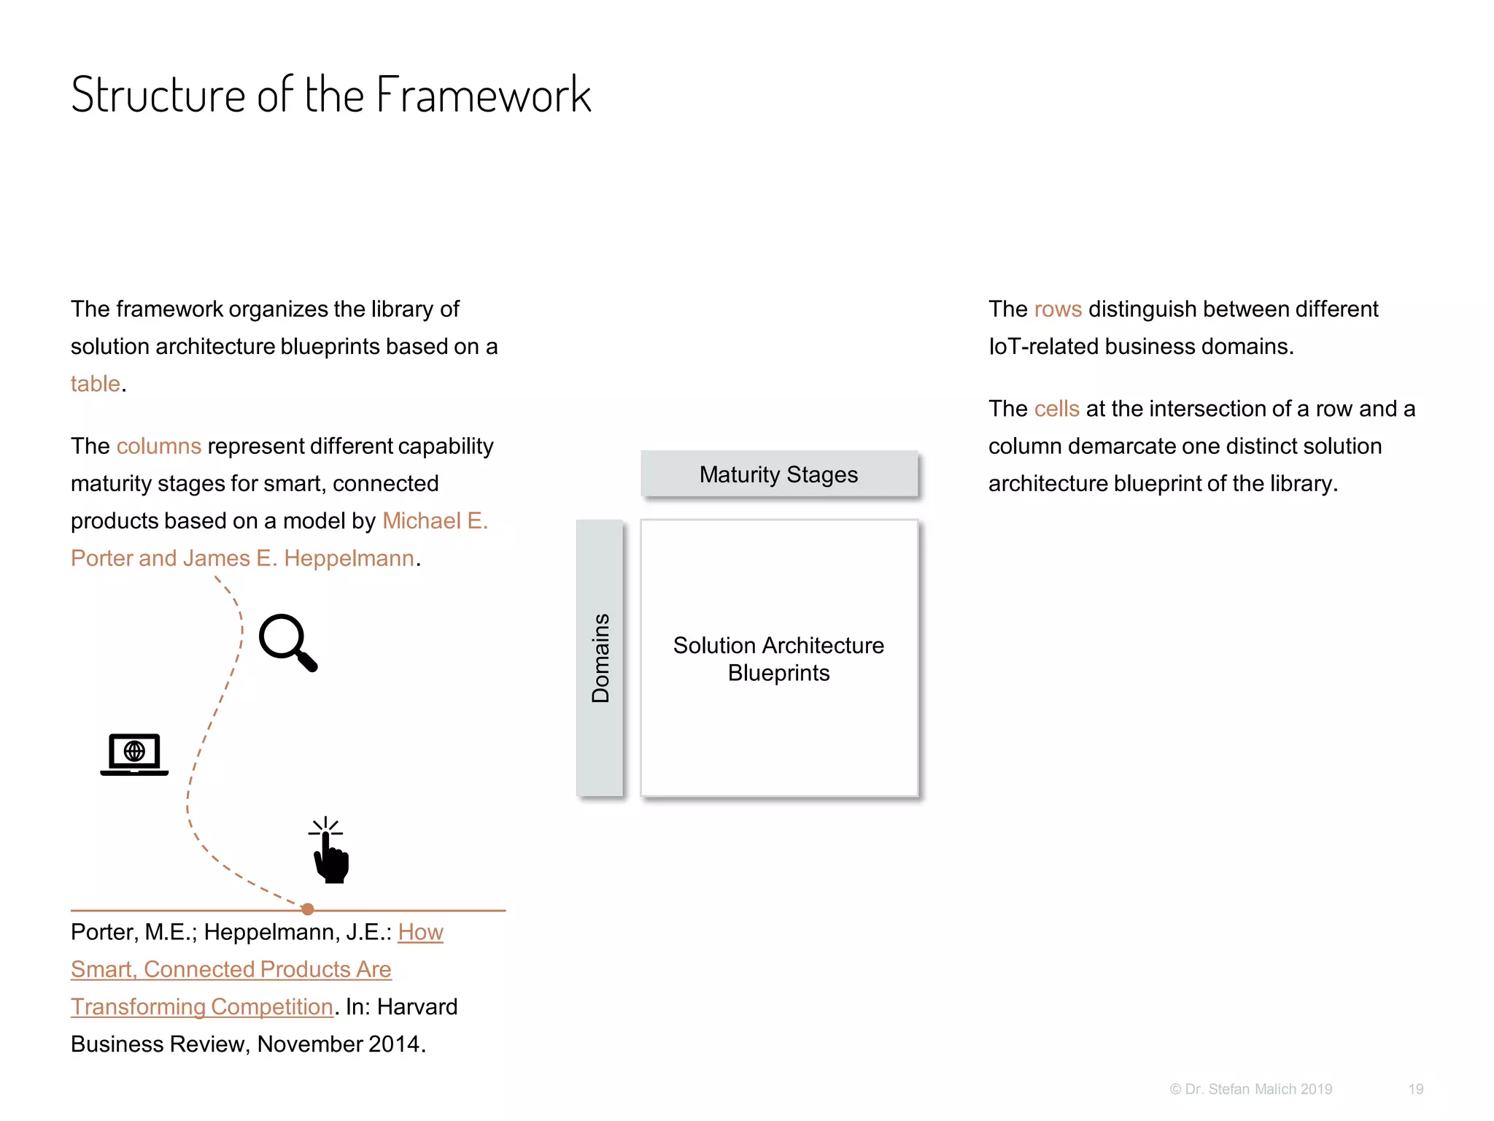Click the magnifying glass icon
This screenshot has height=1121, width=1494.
click(287, 642)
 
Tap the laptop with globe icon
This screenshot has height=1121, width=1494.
click(134, 754)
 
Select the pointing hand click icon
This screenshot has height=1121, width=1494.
click(330, 852)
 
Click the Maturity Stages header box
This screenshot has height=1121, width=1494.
click(778, 474)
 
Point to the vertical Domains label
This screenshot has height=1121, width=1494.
click(600, 658)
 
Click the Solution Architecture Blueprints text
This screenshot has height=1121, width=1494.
click(778, 658)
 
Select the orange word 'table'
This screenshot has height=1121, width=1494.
click(95, 383)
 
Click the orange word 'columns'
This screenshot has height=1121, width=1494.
click(158, 446)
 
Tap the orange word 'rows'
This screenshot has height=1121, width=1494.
click(1058, 309)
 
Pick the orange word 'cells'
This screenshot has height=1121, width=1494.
click(1056, 409)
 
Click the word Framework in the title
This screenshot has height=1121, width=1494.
click(483, 96)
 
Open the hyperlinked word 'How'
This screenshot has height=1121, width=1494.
click(420, 932)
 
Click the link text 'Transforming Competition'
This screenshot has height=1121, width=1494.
click(202, 1006)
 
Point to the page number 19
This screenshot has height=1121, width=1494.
click(1415, 1089)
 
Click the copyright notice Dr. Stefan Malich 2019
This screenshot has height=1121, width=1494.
click(1251, 1089)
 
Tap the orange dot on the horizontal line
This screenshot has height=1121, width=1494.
click(308, 909)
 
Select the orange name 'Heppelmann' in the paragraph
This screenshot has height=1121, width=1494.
click(349, 558)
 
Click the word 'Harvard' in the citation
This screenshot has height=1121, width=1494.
click(417, 1006)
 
